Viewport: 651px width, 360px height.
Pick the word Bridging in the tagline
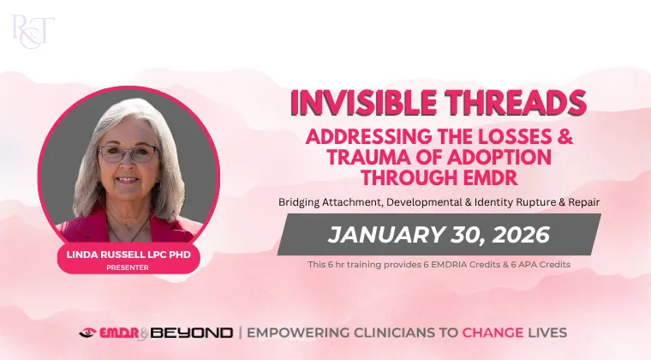pos(299,202)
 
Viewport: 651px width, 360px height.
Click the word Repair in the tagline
pos(585,202)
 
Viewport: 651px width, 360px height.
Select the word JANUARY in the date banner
pos(385,235)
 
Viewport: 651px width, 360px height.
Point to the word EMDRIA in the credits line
pos(448,265)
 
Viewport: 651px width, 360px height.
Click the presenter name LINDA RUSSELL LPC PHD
pos(128,255)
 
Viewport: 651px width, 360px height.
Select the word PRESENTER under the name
pos(128,267)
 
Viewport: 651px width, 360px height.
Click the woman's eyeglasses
pos(128,154)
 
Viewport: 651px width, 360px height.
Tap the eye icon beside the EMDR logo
pos(87,333)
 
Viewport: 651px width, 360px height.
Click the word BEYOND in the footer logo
pos(191,333)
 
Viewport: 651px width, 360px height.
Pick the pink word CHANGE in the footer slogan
pos(493,333)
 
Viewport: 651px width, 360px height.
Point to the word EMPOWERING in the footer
pos(297,333)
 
